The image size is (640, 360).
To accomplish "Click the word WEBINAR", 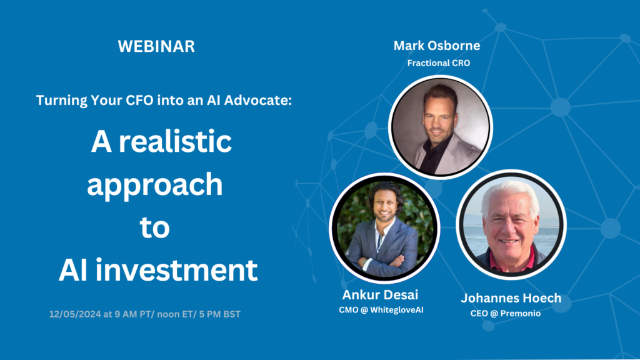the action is point(156,46).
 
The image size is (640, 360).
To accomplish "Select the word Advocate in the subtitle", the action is point(257,100).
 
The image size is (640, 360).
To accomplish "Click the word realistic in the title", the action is point(175,141).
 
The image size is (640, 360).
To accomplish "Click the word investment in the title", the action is point(176,270).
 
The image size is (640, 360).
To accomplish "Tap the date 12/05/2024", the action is point(75,314).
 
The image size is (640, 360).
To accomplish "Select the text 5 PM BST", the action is point(219,314).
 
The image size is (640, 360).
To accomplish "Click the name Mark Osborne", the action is point(437,46).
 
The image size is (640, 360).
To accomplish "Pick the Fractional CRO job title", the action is point(439,63).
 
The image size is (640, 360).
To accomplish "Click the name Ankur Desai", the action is point(380,295).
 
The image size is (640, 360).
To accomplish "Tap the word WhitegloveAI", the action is point(397,310).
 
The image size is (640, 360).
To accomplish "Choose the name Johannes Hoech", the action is point(511,298).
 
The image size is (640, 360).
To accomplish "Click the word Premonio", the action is point(521,314).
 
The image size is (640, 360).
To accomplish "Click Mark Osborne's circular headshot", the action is point(441,127).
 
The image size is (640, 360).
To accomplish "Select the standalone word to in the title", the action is point(155,227).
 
